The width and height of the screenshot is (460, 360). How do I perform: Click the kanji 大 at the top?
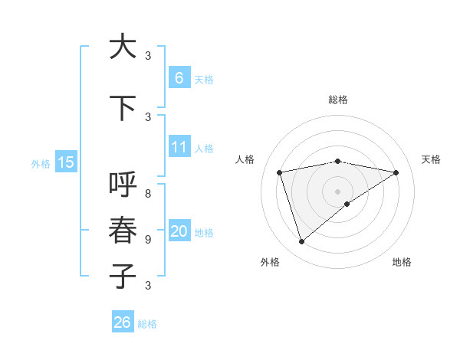(x=123, y=47)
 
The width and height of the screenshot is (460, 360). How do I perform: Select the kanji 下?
(x=123, y=109)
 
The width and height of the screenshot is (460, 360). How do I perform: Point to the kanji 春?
(x=123, y=231)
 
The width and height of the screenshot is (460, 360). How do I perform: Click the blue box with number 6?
(x=179, y=77)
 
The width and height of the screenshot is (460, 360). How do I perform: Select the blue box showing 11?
(x=179, y=147)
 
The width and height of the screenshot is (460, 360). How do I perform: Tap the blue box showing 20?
(x=179, y=231)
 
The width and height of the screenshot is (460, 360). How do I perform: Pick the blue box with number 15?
(x=66, y=162)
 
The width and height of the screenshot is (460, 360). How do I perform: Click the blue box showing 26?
(x=123, y=322)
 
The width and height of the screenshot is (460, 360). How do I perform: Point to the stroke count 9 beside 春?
(x=149, y=239)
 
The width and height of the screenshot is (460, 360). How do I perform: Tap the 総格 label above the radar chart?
(x=338, y=100)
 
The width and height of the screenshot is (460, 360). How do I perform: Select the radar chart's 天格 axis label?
(x=432, y=159)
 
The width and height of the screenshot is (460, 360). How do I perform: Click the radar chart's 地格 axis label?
(x=402, y=262)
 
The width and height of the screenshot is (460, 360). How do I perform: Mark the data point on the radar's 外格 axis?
(x=301, y=242)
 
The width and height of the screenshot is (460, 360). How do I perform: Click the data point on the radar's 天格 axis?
(x=396, y=172)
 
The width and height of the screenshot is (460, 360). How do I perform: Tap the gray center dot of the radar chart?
(x=338, y=191)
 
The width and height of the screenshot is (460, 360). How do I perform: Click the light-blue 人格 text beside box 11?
(x=204, y=148)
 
